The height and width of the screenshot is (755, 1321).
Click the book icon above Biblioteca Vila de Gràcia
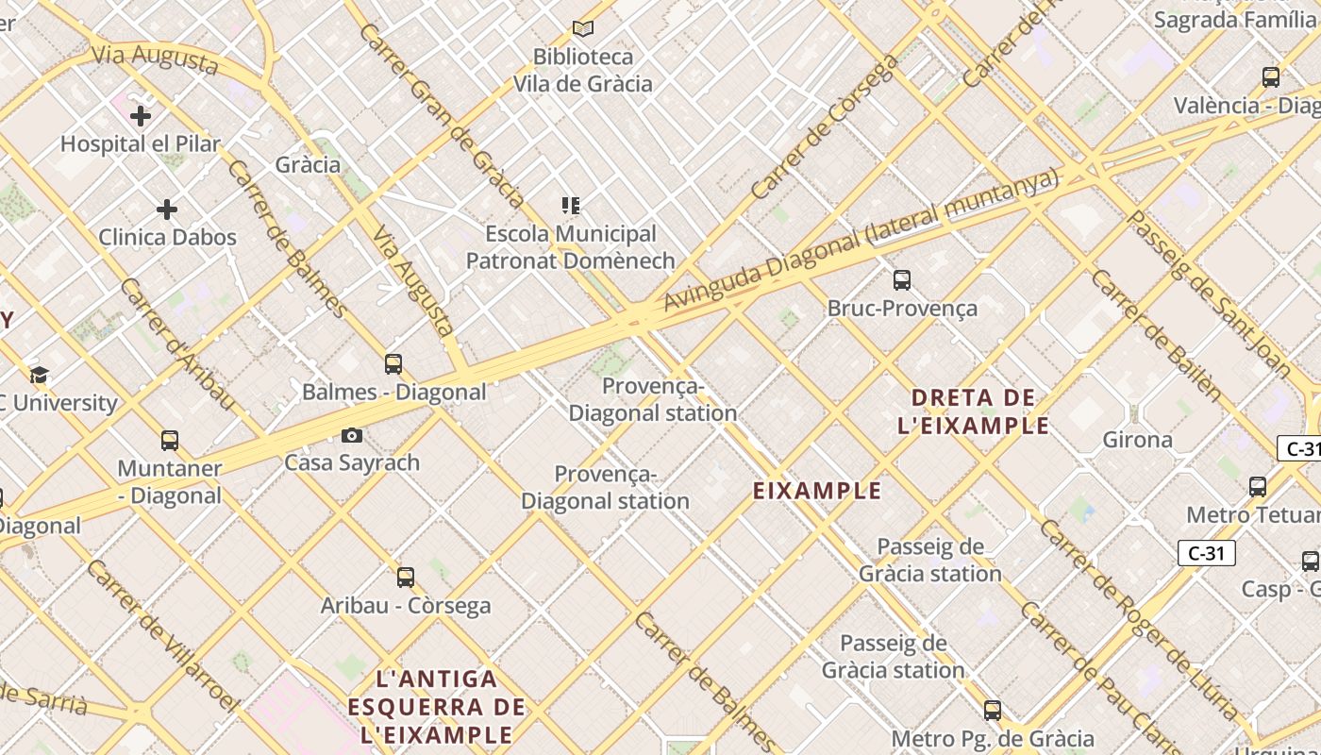coord(583,28)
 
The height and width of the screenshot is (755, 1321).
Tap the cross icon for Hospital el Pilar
coord(141,116)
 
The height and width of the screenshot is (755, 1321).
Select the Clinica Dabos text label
coord(167,237)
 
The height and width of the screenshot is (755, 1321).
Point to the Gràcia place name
coord(308,164)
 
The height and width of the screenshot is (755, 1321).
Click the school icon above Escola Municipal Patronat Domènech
coord(570,205)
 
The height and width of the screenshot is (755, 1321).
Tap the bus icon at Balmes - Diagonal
coord(393,363)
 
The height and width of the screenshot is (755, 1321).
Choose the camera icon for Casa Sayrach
coord(352,435)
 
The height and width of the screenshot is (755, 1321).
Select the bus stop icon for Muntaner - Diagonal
coord(170,440)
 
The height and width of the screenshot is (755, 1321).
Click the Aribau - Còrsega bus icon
coord(406,577)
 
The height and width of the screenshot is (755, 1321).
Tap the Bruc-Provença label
coord(902,309)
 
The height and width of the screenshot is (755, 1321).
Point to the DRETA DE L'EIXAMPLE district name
coord(974,411)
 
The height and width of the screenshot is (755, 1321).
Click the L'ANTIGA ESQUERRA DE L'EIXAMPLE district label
coord(436,707)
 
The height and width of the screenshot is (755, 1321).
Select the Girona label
coord(1137,440)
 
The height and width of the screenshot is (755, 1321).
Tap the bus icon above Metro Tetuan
coord(1258,487)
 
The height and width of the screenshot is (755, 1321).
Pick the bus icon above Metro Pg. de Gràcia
coord(992,710)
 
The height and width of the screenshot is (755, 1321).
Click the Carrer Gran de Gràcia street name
coord(441,115)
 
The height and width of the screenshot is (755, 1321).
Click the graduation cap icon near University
coord(39,375)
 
